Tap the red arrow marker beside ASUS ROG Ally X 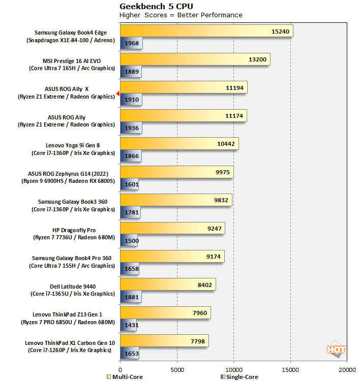click(117, 93)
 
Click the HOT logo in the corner click(337, 350)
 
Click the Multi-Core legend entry click(125, 377)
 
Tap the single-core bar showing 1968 click(131, 43)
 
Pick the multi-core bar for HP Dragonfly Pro click(172, 229)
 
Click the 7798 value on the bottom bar click(197, 341)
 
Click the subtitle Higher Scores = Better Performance click(181, 15)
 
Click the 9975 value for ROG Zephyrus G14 click(222, 172)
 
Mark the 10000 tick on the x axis click(233, 370)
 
